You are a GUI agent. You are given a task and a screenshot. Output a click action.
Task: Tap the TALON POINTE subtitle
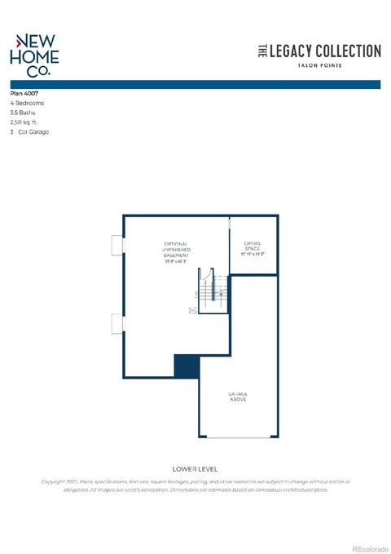319,65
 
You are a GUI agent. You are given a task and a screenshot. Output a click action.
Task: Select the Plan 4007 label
25,94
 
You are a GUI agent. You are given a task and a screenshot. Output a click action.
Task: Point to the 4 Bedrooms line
27,104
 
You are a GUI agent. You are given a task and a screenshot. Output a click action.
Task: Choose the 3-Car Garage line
29,131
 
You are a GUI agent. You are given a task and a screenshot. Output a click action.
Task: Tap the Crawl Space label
253,247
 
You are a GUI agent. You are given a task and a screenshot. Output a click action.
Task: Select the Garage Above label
237,397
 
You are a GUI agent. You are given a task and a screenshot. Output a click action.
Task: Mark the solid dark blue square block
187,366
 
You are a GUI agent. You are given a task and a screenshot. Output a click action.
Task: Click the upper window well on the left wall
117,246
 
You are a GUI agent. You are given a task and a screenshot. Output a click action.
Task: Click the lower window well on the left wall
117,324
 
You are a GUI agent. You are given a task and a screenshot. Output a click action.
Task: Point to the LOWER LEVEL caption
195,469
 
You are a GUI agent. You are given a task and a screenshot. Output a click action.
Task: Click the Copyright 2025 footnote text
195,485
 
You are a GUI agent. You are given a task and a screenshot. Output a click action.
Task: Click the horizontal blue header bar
195,83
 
